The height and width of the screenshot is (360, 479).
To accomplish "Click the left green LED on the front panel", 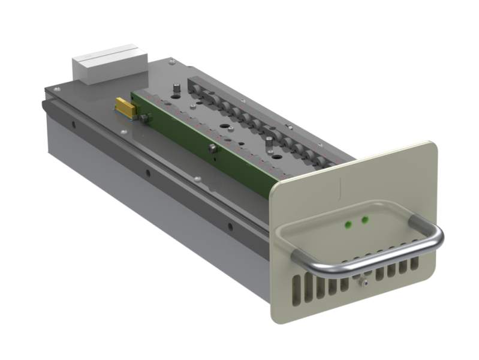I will pos(347,225).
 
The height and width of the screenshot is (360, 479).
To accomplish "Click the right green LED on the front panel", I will pos(363,221).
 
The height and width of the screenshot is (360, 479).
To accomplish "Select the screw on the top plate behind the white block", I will pos(171,61).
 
